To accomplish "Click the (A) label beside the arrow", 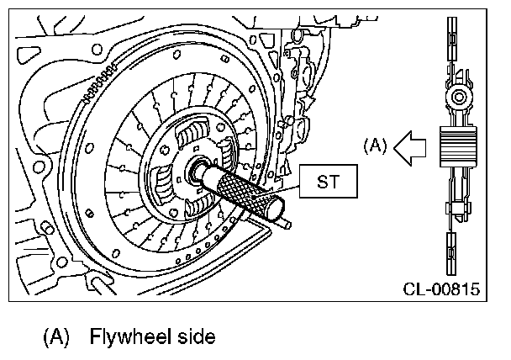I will [x=375, y=144].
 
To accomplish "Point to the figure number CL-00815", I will [x=440, y=289].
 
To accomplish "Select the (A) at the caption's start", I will [x=56, y=337].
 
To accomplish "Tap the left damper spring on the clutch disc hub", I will [x=160, y=177].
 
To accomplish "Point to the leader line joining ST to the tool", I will [x=288, y=182].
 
